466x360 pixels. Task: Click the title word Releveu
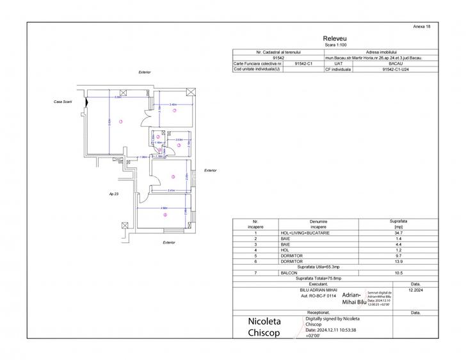pyautogui.click(x=335, y=39)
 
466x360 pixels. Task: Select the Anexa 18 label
pyautogui.click(x=423, y=26)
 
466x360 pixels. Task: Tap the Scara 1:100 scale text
pyautogui.click(x=335, y=45)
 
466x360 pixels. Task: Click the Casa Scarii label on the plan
pyautogui.click(x=63, y=102)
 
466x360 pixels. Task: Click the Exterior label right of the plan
pyautogui.click(x=210, y=170)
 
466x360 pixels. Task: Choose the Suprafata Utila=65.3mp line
pyautogui.click(x=336, y=268)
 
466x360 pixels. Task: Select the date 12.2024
pyautogui.click(x=415, y=289)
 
